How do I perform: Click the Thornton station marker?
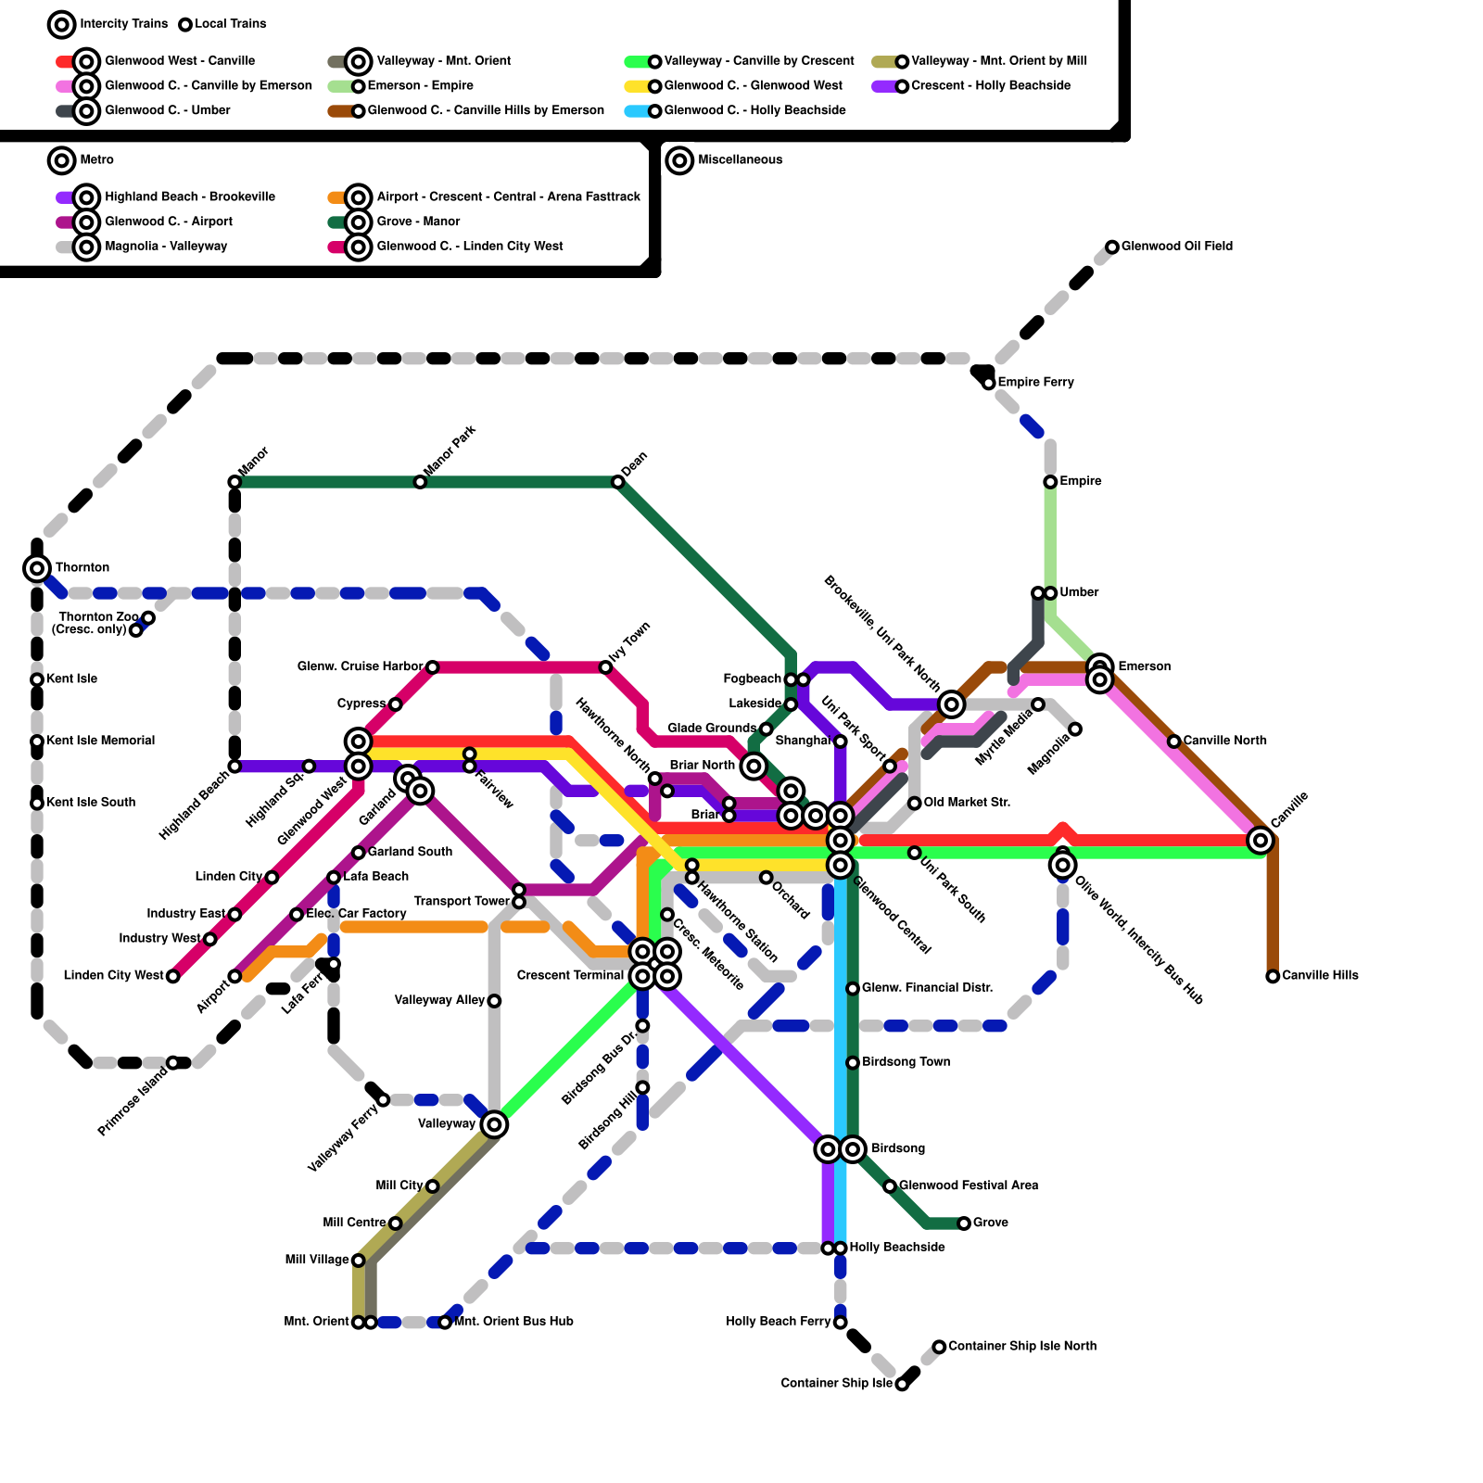click(x=37, y=568)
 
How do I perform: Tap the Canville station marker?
click(x=1260, y=840)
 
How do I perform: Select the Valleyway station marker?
click(x=494, y=1124)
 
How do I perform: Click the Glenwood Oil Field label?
click(x=1176, y=247)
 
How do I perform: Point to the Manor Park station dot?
click(x=420, y=482)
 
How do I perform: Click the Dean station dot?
click(x=617, y=482)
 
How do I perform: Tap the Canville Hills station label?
click(x=1320, y=975)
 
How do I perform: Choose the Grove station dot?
click(x=964, y=1223)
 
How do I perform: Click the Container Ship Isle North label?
click(x=1021, y=1346)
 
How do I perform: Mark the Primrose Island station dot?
click(x=172, y=1062)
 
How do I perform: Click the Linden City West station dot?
click(x=172, y=976)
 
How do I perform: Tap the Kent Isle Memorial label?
click(x=100, y=741)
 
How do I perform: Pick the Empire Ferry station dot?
click(x=989, y=383)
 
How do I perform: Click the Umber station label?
click(x=1079, y=592)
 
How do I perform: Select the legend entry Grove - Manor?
click(x=418, y=222)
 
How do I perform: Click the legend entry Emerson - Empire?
click(x=420, y=85)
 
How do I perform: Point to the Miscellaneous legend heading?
click(x=740, y=160)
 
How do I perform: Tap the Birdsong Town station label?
click(x=906, y=1062)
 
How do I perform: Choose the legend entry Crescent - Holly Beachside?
click(x=990, y=85)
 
